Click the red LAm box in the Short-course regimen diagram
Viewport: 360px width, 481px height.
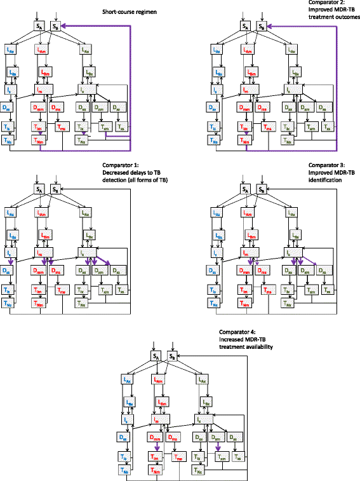tap(41, 50)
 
